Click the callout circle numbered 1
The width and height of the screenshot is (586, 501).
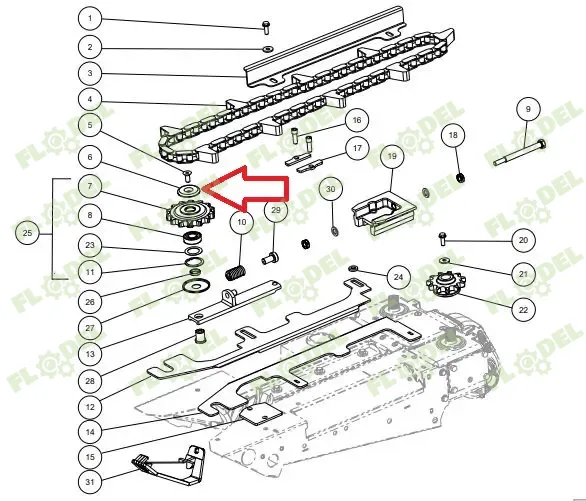(x=90, y=18)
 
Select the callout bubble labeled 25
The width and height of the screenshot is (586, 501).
(x=27, y=233)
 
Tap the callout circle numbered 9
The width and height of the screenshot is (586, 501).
(x=528, y=109)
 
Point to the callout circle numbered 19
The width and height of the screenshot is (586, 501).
(x=392, y=156)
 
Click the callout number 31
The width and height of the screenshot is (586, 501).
(x=90, y=482)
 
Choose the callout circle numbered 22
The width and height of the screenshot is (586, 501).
(x=523, y=310)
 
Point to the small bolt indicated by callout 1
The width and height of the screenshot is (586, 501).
(x=266, y=28)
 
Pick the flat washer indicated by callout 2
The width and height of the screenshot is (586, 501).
(x=268, y=49)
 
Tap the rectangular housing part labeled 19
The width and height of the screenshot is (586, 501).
(x=382, y=213)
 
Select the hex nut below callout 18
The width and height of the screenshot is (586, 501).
(x=461, y=177)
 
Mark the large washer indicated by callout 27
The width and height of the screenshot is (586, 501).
(x=195, y=286)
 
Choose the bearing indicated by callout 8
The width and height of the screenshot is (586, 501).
(x=193, y=237)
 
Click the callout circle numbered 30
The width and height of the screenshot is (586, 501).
(x=331, y=189)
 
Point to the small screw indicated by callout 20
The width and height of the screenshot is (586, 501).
(x=442, y=238)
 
